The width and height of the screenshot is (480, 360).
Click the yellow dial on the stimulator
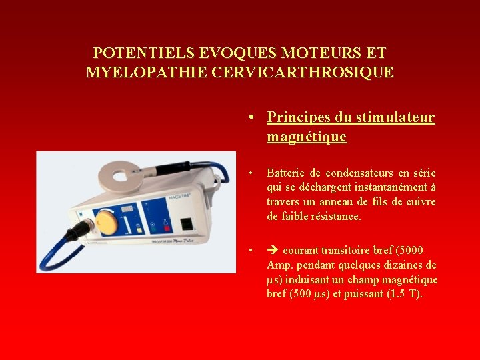pyautogui.click(x=105, y=222)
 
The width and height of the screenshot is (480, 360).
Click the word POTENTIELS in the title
pyautogui.click(x=135, y=53)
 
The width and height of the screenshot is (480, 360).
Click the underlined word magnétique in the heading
pyautogui.click(x=307, y=137)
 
